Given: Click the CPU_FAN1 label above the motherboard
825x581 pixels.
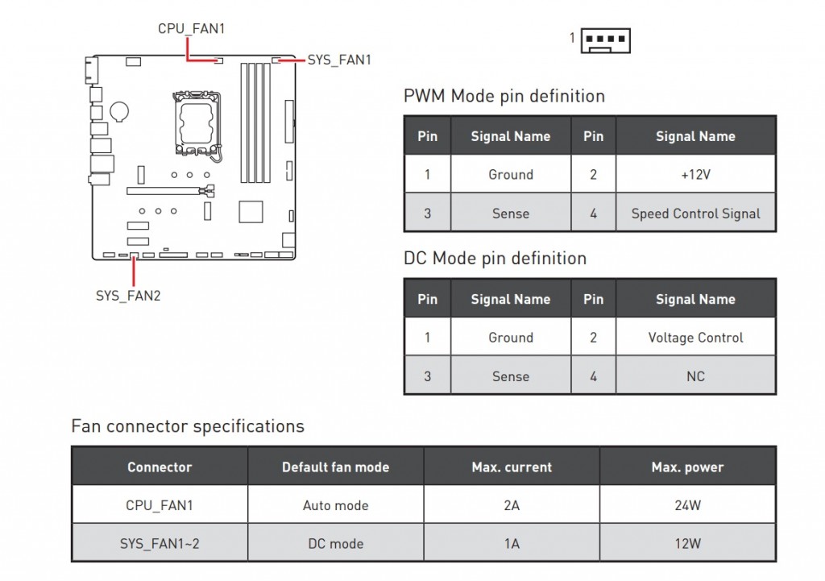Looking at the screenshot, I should (x=191, y=29).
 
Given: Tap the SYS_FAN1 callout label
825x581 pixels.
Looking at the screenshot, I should (x=339, y=60).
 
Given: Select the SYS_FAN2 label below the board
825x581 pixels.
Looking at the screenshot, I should (x=128, y=296).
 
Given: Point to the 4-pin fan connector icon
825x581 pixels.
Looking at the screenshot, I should (x=605, y=39).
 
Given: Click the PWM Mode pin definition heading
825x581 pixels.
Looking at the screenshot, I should (x=504, y=97).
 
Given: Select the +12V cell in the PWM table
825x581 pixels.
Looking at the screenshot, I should (x=695, y=174).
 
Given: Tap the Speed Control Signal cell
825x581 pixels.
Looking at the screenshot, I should (x=695, y=214).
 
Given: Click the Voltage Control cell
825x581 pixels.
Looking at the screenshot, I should (x=695, y=338).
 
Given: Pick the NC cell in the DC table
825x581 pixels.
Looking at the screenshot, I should (x=695, y=376).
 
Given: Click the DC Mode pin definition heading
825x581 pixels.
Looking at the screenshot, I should (x=495, y=259).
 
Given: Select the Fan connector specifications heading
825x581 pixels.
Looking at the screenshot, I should (x=188, y=426).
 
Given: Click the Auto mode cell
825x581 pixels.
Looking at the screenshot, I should (x=335, y=505).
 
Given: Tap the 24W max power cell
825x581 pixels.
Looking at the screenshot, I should (x=687, y=505).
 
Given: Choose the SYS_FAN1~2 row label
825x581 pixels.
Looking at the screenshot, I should (x=160, y=543).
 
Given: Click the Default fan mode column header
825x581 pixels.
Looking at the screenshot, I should (x=335, y=467).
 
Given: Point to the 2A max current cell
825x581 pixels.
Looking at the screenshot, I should (x=512, y=505).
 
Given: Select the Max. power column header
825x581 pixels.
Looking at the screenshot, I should (x=687, y=467).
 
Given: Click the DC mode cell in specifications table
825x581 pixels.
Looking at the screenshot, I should (x=335, y=543).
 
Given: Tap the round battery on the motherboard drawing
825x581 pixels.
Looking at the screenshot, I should (x=120, y=110).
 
